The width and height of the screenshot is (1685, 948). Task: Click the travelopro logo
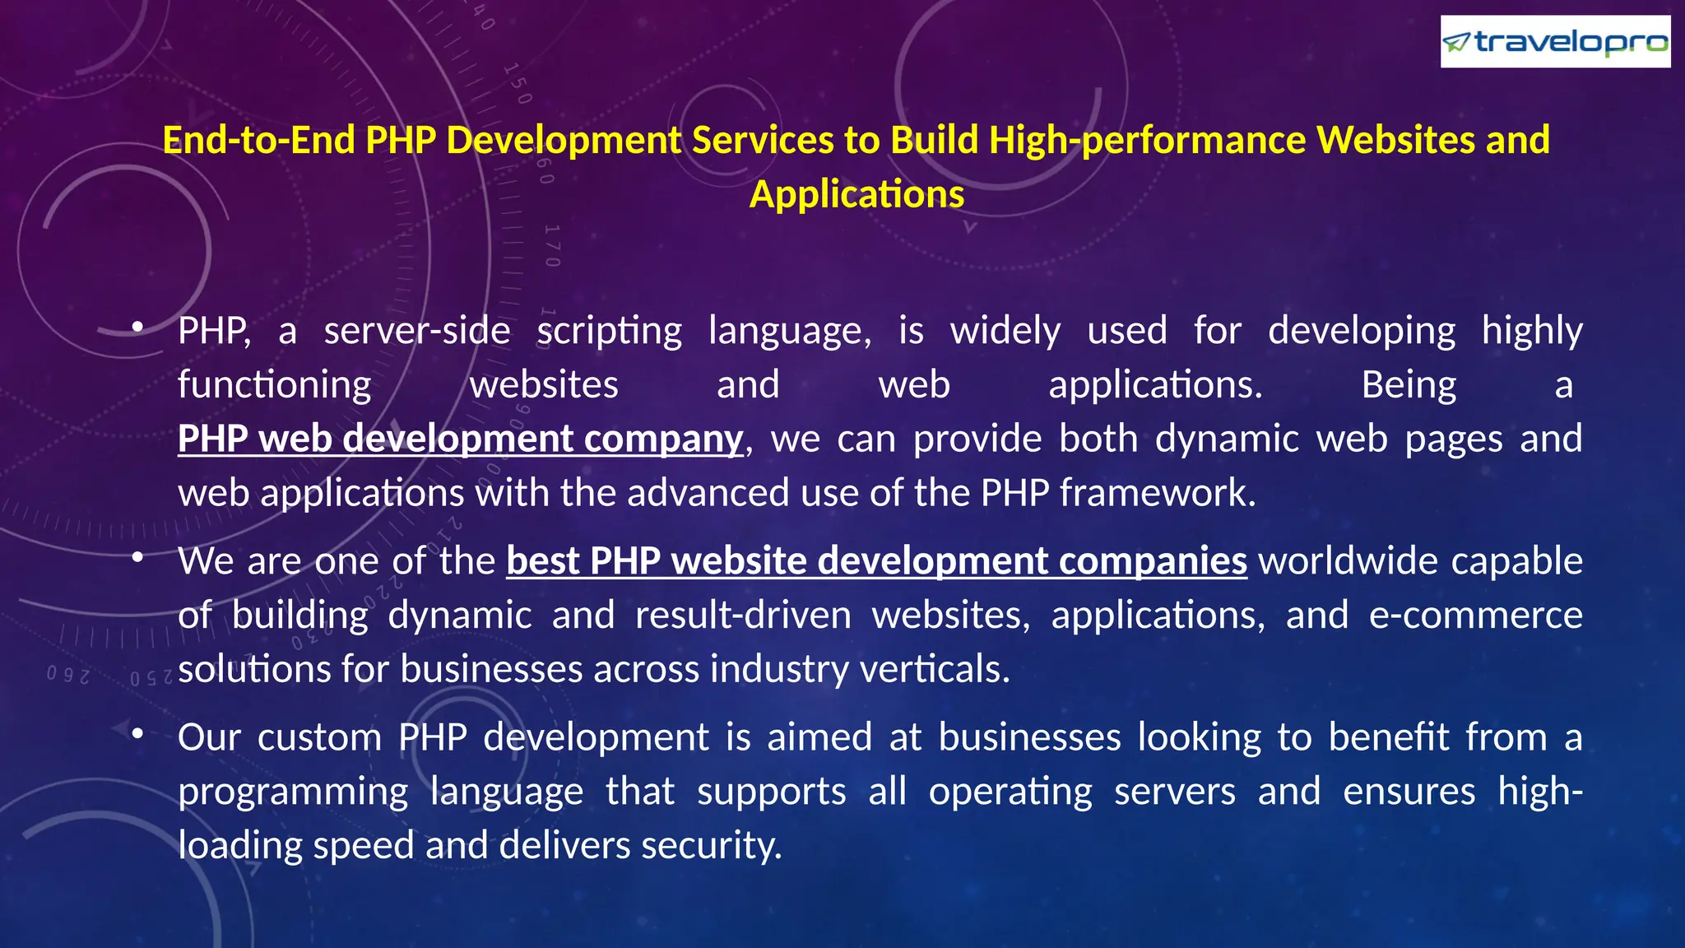(1554, 41)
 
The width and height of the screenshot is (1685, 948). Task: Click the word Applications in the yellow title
(856, 195)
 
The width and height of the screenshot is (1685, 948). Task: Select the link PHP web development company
(460, 439)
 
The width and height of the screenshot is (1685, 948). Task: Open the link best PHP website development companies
(876, 561)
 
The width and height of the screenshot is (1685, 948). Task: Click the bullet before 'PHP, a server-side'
(137, 328)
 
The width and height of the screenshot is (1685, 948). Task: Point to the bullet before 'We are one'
(137, 558)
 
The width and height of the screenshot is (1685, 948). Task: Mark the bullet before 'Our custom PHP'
(137, 733)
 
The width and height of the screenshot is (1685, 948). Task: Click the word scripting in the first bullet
(609, 331)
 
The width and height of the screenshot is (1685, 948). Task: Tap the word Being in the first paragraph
(1409, 385)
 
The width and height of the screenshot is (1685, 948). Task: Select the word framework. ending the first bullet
(1158, 493)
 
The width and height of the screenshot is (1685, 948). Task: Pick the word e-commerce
(1475, 616)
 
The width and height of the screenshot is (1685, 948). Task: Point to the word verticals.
(935, 669)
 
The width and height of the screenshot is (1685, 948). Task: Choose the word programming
(293, 792)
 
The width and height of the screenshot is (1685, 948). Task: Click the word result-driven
(743, 616)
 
